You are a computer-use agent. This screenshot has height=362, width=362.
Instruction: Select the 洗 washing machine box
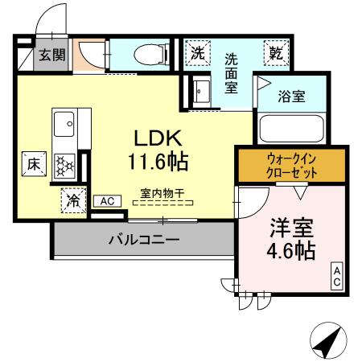coord(197,53)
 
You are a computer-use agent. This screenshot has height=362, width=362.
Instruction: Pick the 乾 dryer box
coord(276,53)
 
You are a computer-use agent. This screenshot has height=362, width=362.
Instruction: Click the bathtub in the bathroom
coord(290,129)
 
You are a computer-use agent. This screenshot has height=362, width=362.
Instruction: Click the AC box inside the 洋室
coord(337,278)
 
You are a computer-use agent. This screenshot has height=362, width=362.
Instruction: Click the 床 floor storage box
coord(35,162)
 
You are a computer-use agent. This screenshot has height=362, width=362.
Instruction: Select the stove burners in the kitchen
coord(64,164)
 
